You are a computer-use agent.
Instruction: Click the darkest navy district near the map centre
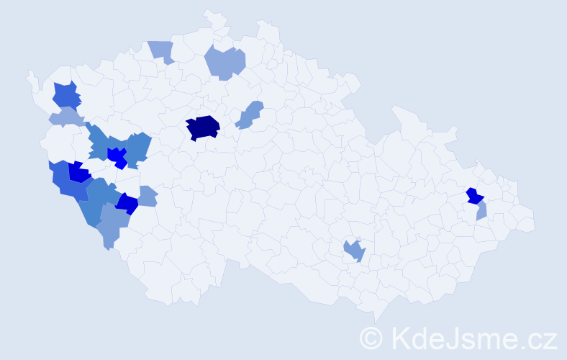coord(202,127)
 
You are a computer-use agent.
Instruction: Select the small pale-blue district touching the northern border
coord(163,50)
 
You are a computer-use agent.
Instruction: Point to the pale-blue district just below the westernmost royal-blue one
coord(65,117)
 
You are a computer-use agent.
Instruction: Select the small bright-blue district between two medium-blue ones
coord(117,156)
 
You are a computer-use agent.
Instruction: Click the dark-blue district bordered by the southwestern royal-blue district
coord(78,173)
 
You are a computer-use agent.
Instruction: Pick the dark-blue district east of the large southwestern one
coord(127,204)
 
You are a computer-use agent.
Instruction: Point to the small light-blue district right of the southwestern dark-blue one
coord(147,196)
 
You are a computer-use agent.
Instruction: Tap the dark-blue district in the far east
coord(474,196)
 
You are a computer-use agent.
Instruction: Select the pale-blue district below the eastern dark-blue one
coord(481,211)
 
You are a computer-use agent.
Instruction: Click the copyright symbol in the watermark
coord(372,337)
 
